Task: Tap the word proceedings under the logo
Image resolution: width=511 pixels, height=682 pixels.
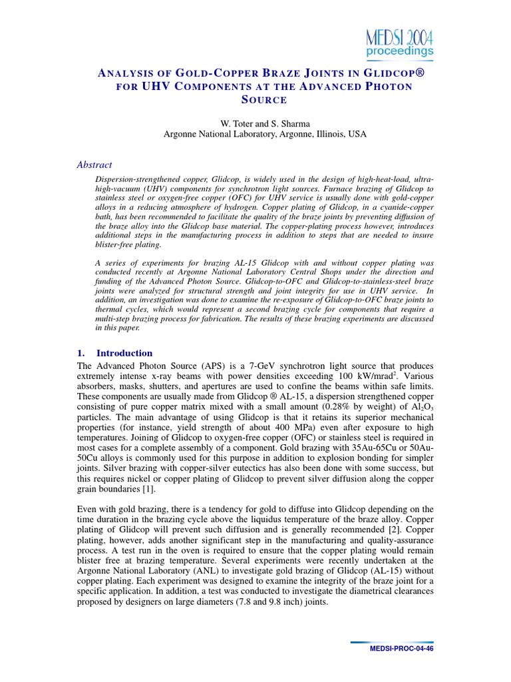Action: (400, 51)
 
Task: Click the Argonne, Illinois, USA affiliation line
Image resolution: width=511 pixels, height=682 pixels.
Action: (265, 134)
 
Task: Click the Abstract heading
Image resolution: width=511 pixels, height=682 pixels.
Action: (95, 165)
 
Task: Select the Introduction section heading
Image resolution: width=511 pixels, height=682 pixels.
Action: (124, 353)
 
